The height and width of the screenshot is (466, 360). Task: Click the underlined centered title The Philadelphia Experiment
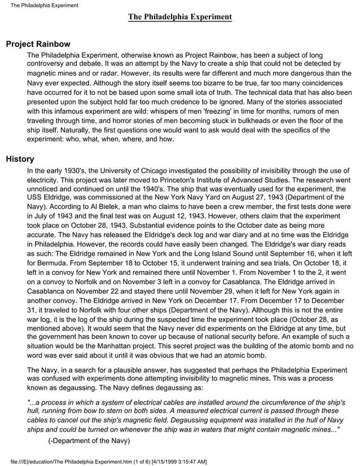pyautogui.click(x=179, y=17)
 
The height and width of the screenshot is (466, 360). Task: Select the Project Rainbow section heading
pyautogui.click(x=38, y=43)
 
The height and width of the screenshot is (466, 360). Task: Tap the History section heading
pyautogui.click(x=20, y=159)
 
